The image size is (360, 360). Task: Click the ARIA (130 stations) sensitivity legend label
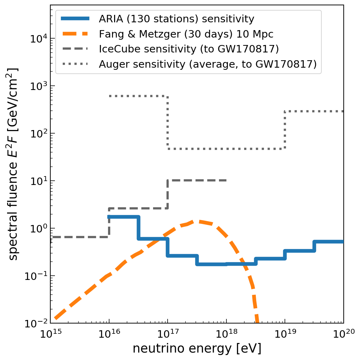[x=176, y=19]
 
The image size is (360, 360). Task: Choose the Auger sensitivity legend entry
[x=208, y=64]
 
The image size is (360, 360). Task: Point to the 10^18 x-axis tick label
[x=226, y=334]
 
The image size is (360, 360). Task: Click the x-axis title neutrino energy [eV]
[x=197, y=349]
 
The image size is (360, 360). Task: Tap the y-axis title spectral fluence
[x=13, y=164]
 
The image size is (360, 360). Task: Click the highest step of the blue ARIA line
[x=124, y=217]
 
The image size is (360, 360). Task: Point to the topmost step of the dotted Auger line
[x=138, y=96]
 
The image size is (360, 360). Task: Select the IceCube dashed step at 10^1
[x=197, y=180]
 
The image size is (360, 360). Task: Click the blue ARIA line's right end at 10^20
[x=342, y=242]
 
